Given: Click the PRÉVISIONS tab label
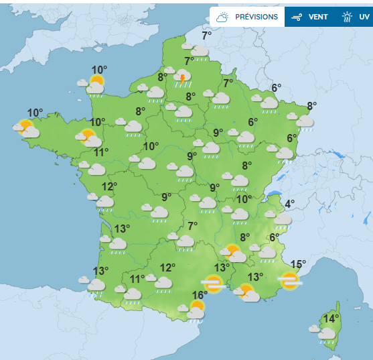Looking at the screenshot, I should click(x=256, y=17).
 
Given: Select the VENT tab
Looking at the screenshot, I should click(x=318, y=17).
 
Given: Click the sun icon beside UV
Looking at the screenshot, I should click(x=347, y=17).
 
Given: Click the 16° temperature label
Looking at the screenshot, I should click(x=200, y=295).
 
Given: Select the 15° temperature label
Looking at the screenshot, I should click(x=298, y=264).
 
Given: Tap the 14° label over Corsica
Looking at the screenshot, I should click(x=331, y=318).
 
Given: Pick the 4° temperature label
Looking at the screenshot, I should click(x=289, y=204).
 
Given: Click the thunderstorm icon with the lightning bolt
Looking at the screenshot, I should click(x=181, y=80).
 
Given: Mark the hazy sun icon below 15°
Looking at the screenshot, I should click(x=290, y=281).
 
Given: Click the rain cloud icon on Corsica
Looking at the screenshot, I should click(x=326, y=334).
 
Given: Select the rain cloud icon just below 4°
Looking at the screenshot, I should click(x=281, y=219).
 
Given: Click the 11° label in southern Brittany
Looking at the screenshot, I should click(x=101, y=152).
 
